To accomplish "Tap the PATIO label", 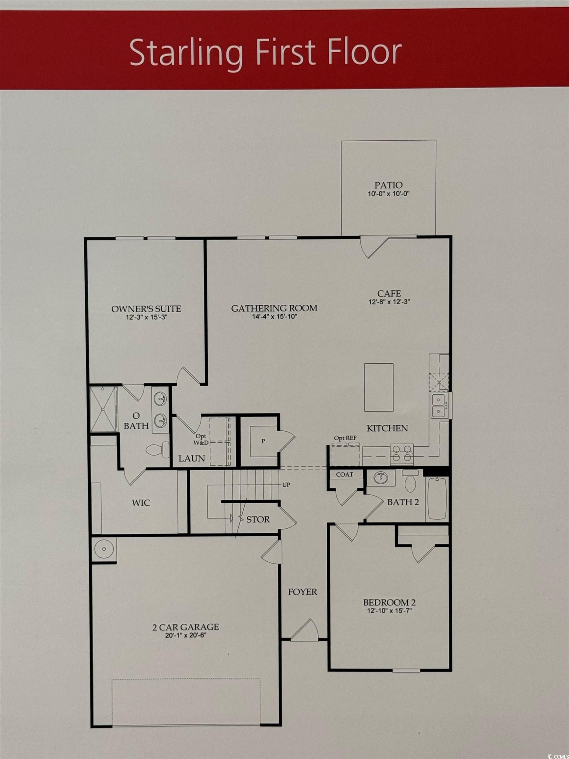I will pyautogui.click(x=388, y=185).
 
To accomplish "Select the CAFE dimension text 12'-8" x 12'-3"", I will pyautogui.click(x=389, y=302).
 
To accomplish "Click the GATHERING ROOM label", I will pyautogui.click(x=274, y=308).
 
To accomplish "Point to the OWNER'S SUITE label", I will pyautogui.click(x=146, y=308).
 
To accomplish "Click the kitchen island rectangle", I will pyautogui.click(x=379, y=387).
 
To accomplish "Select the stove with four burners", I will pyautogui.click(x=402, y=453).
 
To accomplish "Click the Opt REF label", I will pyautogui.click(x=345, y=438).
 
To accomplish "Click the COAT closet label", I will pyautogui.click(x=344, y=475).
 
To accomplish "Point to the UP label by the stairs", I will pyautogui.click(x=286, y=485).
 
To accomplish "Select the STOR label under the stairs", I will pyautogui.click(x=258, y=520).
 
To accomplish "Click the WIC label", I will pyautogui.click(x=141, y=503).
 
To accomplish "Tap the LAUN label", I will pyautogui.click(x=191, y=458).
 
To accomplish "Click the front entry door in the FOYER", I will pyautogui.click(x=305, y=630).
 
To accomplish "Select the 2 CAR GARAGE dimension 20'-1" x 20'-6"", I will pyautogui.click(x=186, y=635).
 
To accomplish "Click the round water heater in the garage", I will pyautogui.click(x=104, y=550).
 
